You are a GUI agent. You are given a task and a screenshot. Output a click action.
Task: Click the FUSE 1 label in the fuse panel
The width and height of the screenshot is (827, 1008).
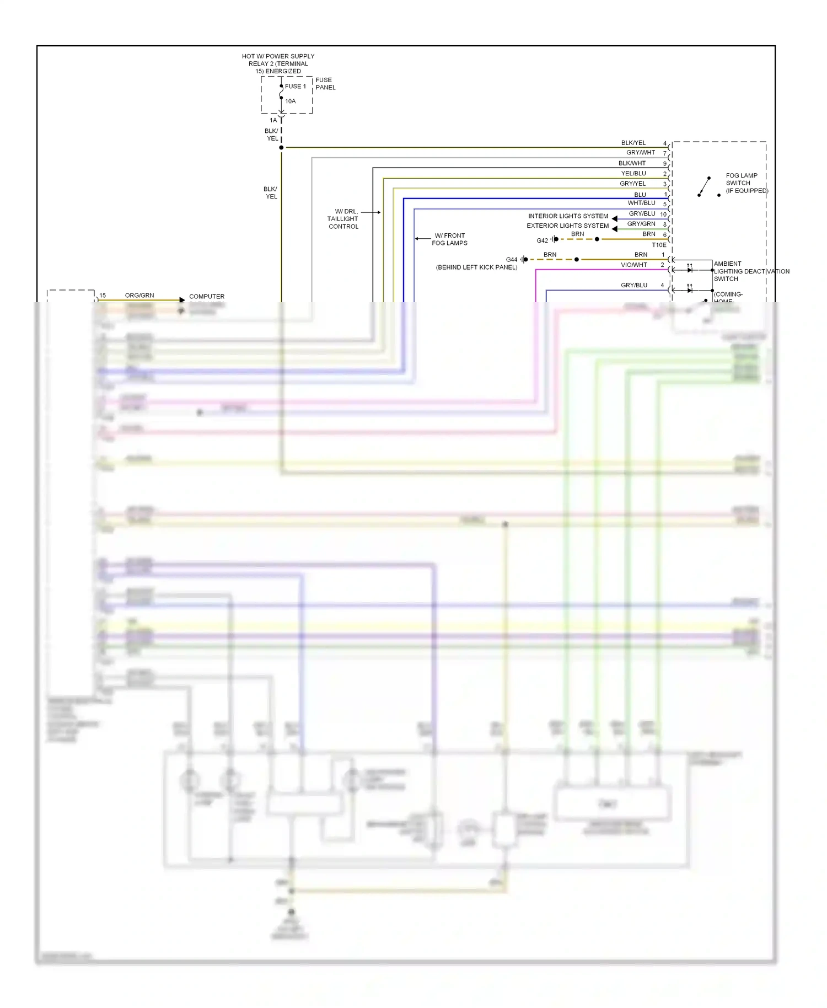pyautogui.click(x=295, y=87)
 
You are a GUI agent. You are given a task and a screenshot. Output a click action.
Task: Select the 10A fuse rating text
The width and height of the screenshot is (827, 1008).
pyautogui.click(x=291, y=101)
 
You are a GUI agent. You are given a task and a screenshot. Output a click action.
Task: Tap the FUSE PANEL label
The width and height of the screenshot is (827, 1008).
pyautogui.click(x=325, y=84)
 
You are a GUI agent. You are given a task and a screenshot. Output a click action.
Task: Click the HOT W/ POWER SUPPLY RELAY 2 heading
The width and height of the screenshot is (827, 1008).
pyautogui.click(x=278, y=63)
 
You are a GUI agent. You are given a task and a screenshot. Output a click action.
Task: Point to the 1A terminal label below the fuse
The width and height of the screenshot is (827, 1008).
pyautogui.click(x=273, y=120)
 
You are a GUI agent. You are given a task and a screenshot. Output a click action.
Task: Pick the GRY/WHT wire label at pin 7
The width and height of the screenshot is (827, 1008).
pyautogui.click(x=640, y=153)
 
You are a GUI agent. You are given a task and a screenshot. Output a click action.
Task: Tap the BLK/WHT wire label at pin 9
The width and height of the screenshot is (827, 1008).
pyautogui.click(x=632, y=163)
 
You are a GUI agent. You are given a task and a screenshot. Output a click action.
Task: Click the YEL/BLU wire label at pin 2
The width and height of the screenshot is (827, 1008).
pyautogui.click(x=633, y=173)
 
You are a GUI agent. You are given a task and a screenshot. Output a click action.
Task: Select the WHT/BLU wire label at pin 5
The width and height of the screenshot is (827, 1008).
pyautogui.click(x=641, y=203)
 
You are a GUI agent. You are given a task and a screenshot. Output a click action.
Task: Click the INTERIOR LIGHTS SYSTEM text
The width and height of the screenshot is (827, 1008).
pyautogui.click(x=568, y=216)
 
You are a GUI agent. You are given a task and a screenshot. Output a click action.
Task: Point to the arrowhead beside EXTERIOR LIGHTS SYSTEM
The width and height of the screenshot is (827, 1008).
pyautogui.click(x=614, y=228)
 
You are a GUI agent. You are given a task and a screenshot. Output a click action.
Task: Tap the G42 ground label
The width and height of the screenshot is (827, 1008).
pyautogui.click(x=542, y=240)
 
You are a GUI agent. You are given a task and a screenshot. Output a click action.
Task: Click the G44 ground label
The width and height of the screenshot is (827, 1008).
pyautogui.click(x=512, y=260)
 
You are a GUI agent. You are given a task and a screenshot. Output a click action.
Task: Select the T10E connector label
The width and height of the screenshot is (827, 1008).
pyautogui.click(x=659, y=245)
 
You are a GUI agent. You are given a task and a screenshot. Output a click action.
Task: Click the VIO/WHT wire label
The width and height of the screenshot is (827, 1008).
pyautogui.click(x=633, y=265)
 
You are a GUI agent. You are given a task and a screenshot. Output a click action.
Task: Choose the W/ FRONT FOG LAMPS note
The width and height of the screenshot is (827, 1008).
pyautogui.click(x=449, y=239)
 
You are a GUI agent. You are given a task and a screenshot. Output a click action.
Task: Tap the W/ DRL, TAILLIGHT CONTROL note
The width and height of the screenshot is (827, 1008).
pyautogui.click(x=343, y=219)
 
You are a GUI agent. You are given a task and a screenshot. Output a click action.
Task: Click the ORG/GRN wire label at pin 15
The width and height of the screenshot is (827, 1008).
pyautogui.click(x=139, y=296)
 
